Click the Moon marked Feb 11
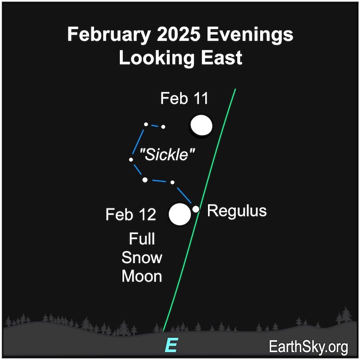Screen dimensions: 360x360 (x=201, y=126)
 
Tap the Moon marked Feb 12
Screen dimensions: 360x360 (x=180, y=214)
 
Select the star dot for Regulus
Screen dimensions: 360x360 (x=196, y=209)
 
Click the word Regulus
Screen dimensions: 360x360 (x=237, y=211)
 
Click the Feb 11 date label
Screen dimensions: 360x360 (x=184, y=99)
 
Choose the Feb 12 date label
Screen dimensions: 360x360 (x=131, y=215)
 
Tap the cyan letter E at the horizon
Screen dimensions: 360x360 (x=171, y=345)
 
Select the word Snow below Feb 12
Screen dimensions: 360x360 (x=142, y=257)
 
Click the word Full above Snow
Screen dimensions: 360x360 (x=142, y=238)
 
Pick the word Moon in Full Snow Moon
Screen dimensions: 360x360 (x=142, y=276)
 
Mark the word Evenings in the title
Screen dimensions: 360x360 (x=246, y=35)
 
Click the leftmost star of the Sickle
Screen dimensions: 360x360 (x=131, y=159)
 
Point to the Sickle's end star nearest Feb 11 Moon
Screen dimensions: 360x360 (x=163, y=127)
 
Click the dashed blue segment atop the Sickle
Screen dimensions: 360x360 (x=154, y=126)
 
